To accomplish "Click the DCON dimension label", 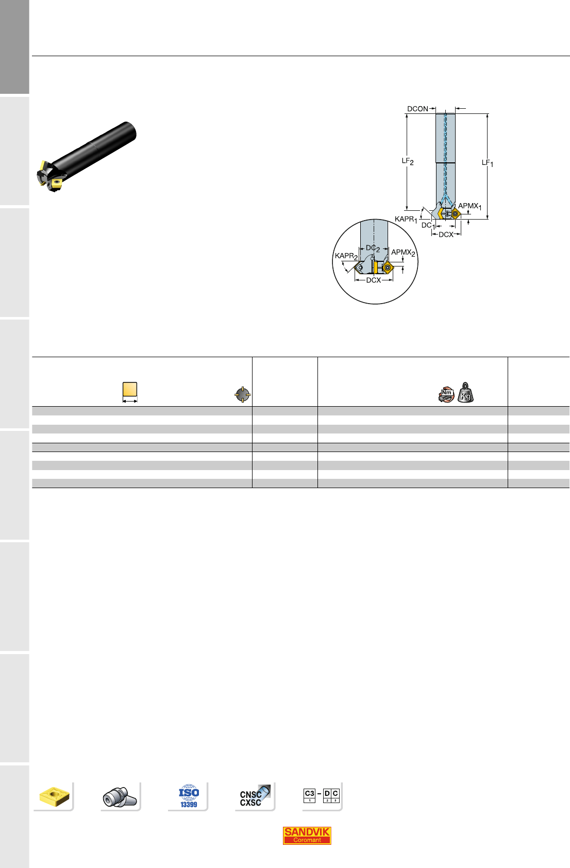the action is [417, 109].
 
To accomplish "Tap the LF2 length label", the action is [408, 161].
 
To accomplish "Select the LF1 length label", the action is [488, 163].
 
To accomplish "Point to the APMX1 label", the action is [470, 206].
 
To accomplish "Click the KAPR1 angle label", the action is [406, 220].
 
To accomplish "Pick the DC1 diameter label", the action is [428, 226].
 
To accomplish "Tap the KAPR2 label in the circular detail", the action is [346, 256].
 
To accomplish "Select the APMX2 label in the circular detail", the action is [403, 253].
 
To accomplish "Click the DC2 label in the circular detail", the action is [373, 248].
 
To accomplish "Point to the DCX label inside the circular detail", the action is [374, 280].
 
